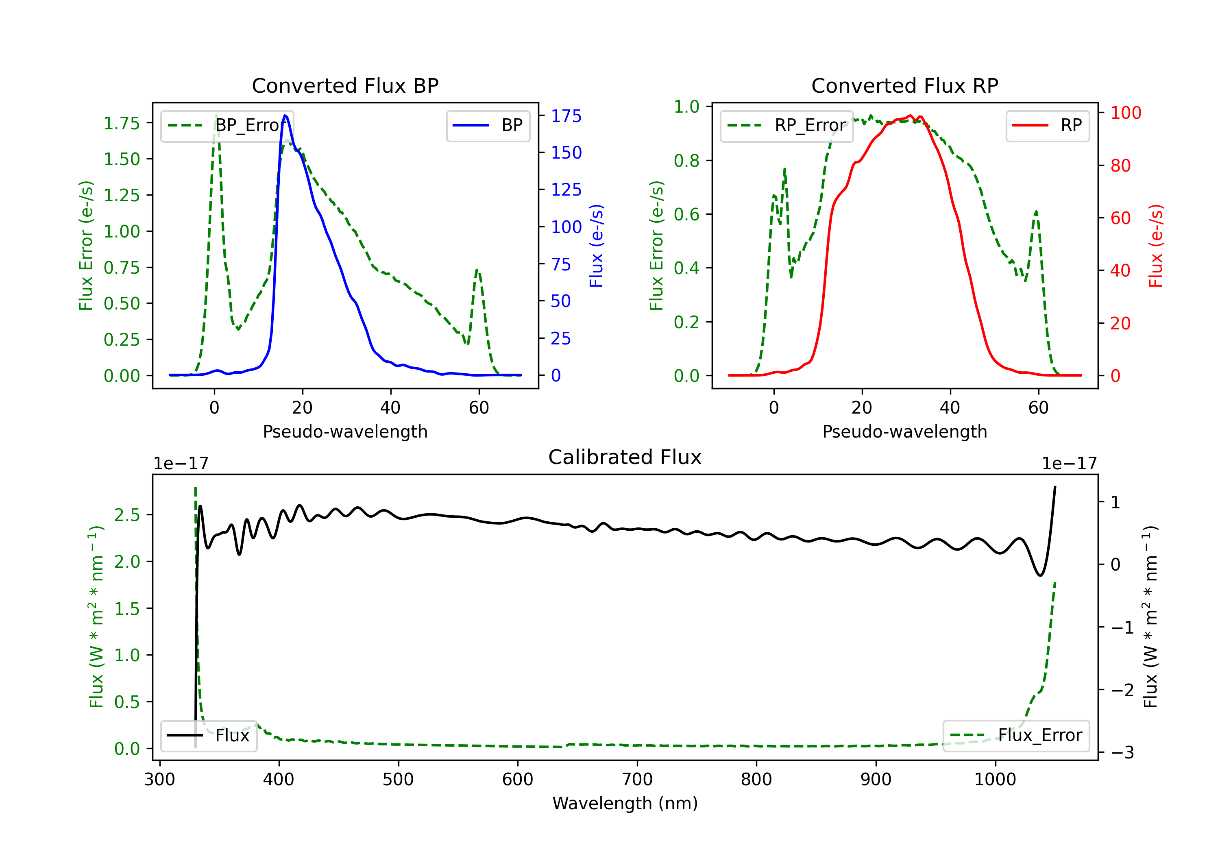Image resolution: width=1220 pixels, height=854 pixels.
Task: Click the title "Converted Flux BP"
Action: (x=345, y=85)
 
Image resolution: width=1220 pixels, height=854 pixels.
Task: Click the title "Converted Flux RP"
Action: (x=904, y=85)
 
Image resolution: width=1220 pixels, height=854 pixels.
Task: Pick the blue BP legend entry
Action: (x=488, y=125)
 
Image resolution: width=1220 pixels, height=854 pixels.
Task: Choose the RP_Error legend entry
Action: (x=786, y=125)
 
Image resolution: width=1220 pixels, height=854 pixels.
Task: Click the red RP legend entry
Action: (x=1047, y=125)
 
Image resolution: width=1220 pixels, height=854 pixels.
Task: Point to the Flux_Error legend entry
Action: (x=1016, y=736)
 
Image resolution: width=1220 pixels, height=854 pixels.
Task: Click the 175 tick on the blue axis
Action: (x=566, y=116)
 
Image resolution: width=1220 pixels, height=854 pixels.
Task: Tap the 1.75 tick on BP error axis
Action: (x=122, y=123)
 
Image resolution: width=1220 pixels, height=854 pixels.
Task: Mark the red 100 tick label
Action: (x=1125, y=113)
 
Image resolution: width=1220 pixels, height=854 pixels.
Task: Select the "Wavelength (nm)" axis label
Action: (x=625, y=804)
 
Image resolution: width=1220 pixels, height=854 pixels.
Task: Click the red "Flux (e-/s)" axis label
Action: (x=1156, y=246)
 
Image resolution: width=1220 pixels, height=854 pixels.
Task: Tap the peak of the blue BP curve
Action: (x=285, y=115)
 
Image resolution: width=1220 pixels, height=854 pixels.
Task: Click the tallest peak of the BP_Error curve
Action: (x=216, y=115)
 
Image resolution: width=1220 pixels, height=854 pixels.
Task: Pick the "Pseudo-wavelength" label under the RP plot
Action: (x=904, y=431)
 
